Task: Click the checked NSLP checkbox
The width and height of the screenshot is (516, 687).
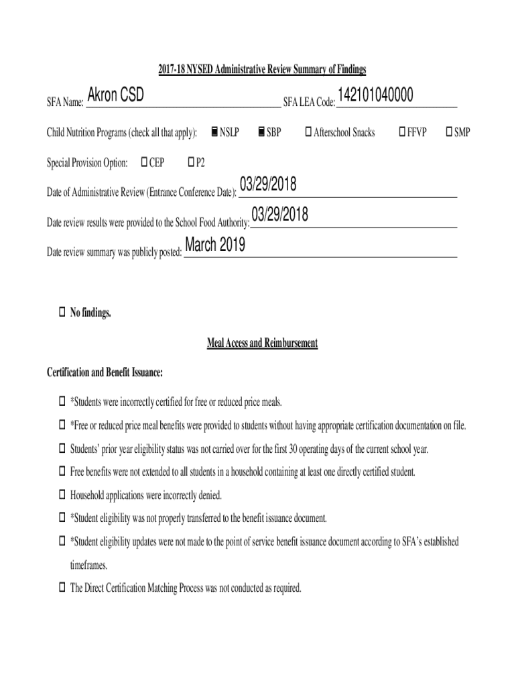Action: pyautogui.click(x=213, y=131)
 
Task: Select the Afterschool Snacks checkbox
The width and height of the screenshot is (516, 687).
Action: pyautogui.click(x=308, y=131)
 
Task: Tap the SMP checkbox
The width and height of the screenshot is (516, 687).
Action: pyautogui.click(x=449, y=131)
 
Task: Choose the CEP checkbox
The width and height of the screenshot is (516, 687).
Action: pyautogui.click(x=144, y=162)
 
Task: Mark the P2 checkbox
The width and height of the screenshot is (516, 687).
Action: pyautogui.click(x=191, y=162)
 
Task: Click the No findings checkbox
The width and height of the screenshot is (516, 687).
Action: pyautogui.click(x=62, y=312)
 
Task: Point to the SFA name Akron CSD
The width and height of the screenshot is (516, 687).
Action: pyautogui.click(x=115, y=96)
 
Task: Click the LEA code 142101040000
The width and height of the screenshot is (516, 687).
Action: pyautogui.click(x=375, y=96)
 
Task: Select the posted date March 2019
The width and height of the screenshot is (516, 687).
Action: pyautogui.click(x=214, y=246)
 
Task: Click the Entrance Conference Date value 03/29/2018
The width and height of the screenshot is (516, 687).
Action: pyautogui.click(x=268, y=185)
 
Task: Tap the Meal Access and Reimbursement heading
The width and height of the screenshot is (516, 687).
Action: pyautogui.click(x=262, y=343)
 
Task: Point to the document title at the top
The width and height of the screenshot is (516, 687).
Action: pyautogui.click(x=262, y=70)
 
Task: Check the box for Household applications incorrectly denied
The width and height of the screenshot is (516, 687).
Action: pyautogui.click(x=62, y=496)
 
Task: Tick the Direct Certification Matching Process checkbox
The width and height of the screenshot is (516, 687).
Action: pyautogui.click(x=62, y=588)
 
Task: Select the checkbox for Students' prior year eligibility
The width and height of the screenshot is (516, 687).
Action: pyautogui.click(x=62, y=449)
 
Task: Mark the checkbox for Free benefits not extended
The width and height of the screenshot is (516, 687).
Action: pyautogui.click(x=62, y=472)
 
